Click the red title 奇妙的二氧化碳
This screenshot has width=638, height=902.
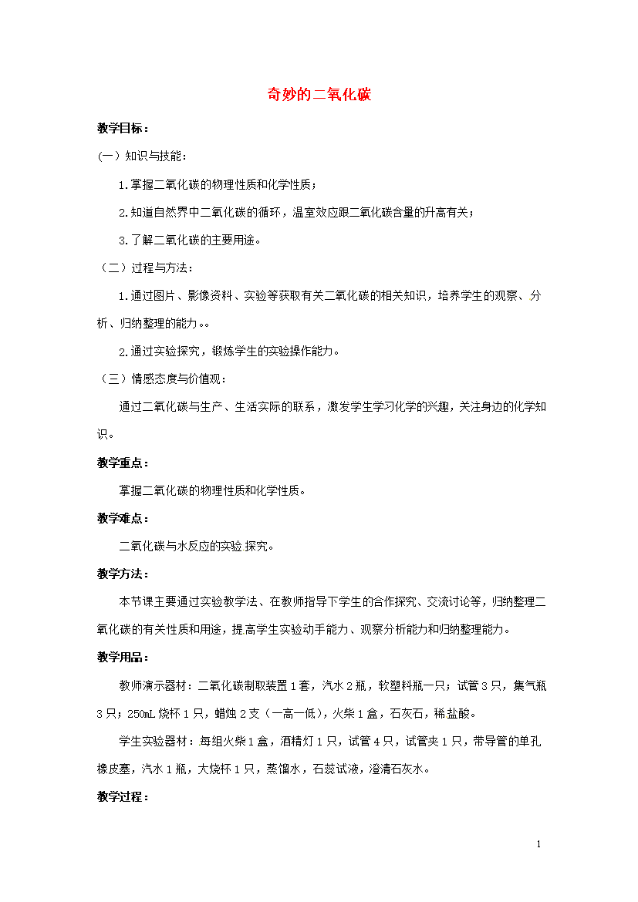(319, 95)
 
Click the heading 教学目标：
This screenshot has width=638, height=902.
(123, 128)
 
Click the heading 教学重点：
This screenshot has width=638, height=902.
(123, 463)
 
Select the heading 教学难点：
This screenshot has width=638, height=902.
(123, 518)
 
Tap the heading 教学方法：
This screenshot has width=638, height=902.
(123, 574)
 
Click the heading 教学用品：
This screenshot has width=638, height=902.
(123, 657)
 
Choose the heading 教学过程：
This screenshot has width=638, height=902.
(123, 796)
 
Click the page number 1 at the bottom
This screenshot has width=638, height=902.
(538, 845)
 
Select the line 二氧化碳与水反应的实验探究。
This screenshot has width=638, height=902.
(196, 546)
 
